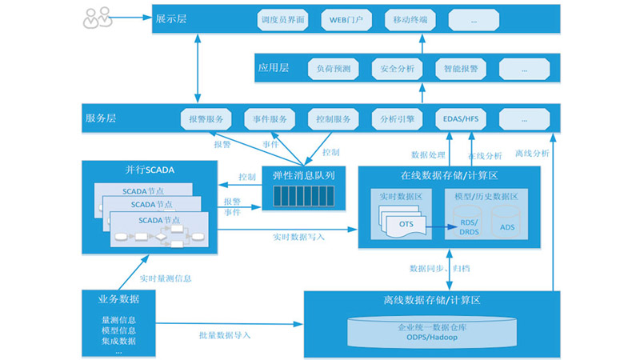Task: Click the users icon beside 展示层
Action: point(98,16)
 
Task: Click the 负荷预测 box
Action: point(334,69)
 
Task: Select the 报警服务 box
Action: point(206,119)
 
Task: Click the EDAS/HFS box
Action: point(461,119)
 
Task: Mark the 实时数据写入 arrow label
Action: point(298,236)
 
